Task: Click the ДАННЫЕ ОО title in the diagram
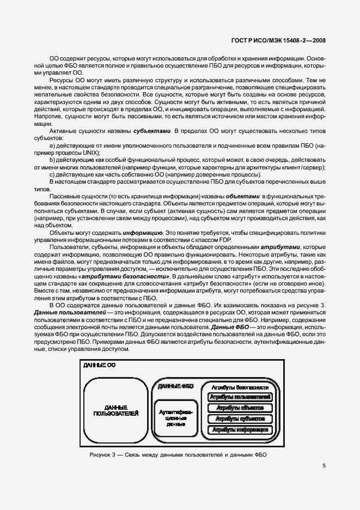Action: [99, 365]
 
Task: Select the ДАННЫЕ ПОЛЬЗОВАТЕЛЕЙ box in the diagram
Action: [115, 410]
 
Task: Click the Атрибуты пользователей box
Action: [240, 397]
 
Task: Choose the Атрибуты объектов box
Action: [240, 408]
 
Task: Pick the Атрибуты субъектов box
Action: [240, 418]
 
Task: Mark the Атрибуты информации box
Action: [240, 429]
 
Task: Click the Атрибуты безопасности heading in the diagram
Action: [240, 387]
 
